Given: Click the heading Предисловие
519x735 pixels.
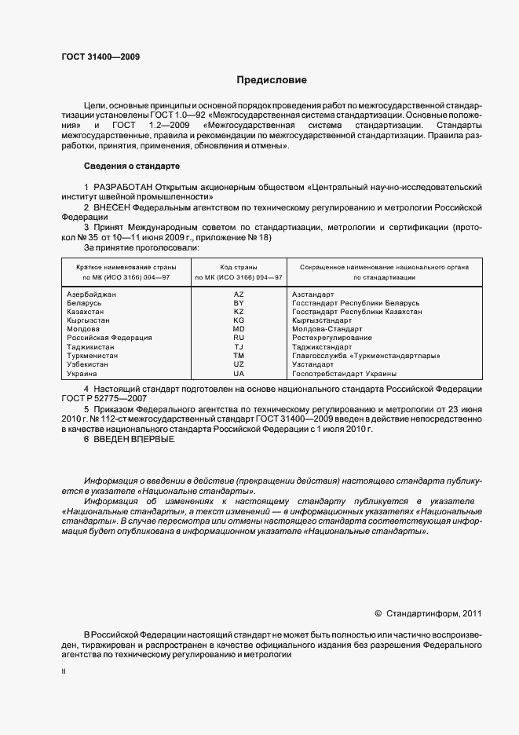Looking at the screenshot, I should point(272,80).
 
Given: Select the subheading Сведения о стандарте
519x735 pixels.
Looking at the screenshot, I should point(131,166).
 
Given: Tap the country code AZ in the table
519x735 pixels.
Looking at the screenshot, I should point(239,294).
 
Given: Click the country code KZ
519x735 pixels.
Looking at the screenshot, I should point(239,312).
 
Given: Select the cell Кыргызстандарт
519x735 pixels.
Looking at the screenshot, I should point(322,320).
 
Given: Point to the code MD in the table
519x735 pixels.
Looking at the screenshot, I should point(239,329).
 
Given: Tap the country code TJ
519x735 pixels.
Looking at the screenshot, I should point(239,347).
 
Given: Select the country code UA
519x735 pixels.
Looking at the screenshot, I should point(239,374).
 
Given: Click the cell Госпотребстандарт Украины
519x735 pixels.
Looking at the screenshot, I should point(344,374).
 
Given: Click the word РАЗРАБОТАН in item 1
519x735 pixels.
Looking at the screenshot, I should point(122,187).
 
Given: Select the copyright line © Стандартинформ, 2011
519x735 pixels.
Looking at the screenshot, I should point(428,613).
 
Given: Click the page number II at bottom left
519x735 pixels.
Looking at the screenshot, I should point(64,671).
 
